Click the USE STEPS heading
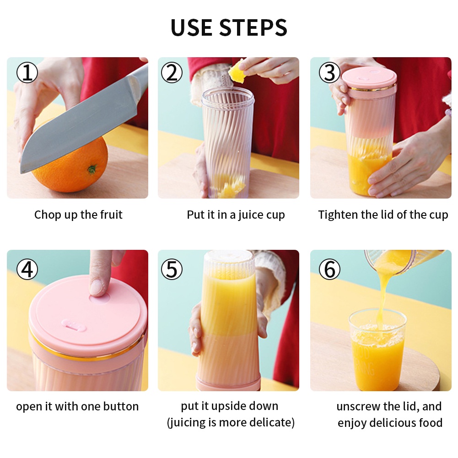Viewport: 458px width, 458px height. [229, 27]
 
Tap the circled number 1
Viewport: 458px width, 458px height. [27, 72]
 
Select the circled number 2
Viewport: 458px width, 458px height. [172, 72]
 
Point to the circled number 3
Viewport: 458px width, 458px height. [329, 72]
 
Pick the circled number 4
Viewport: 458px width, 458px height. [27, 269]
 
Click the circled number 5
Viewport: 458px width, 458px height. [172, 269]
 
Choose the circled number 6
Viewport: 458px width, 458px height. [329, 269]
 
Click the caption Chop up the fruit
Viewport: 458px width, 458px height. [78, 215]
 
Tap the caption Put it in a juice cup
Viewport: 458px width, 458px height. [236, 215]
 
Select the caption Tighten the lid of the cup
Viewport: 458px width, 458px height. [383, 215]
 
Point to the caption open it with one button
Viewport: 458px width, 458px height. [77, 406]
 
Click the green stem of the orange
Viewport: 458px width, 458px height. [92, 169]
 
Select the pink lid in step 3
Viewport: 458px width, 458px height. [369, 78]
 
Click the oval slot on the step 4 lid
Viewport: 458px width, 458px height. [74, 325]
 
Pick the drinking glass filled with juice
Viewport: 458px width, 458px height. [377, 350]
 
